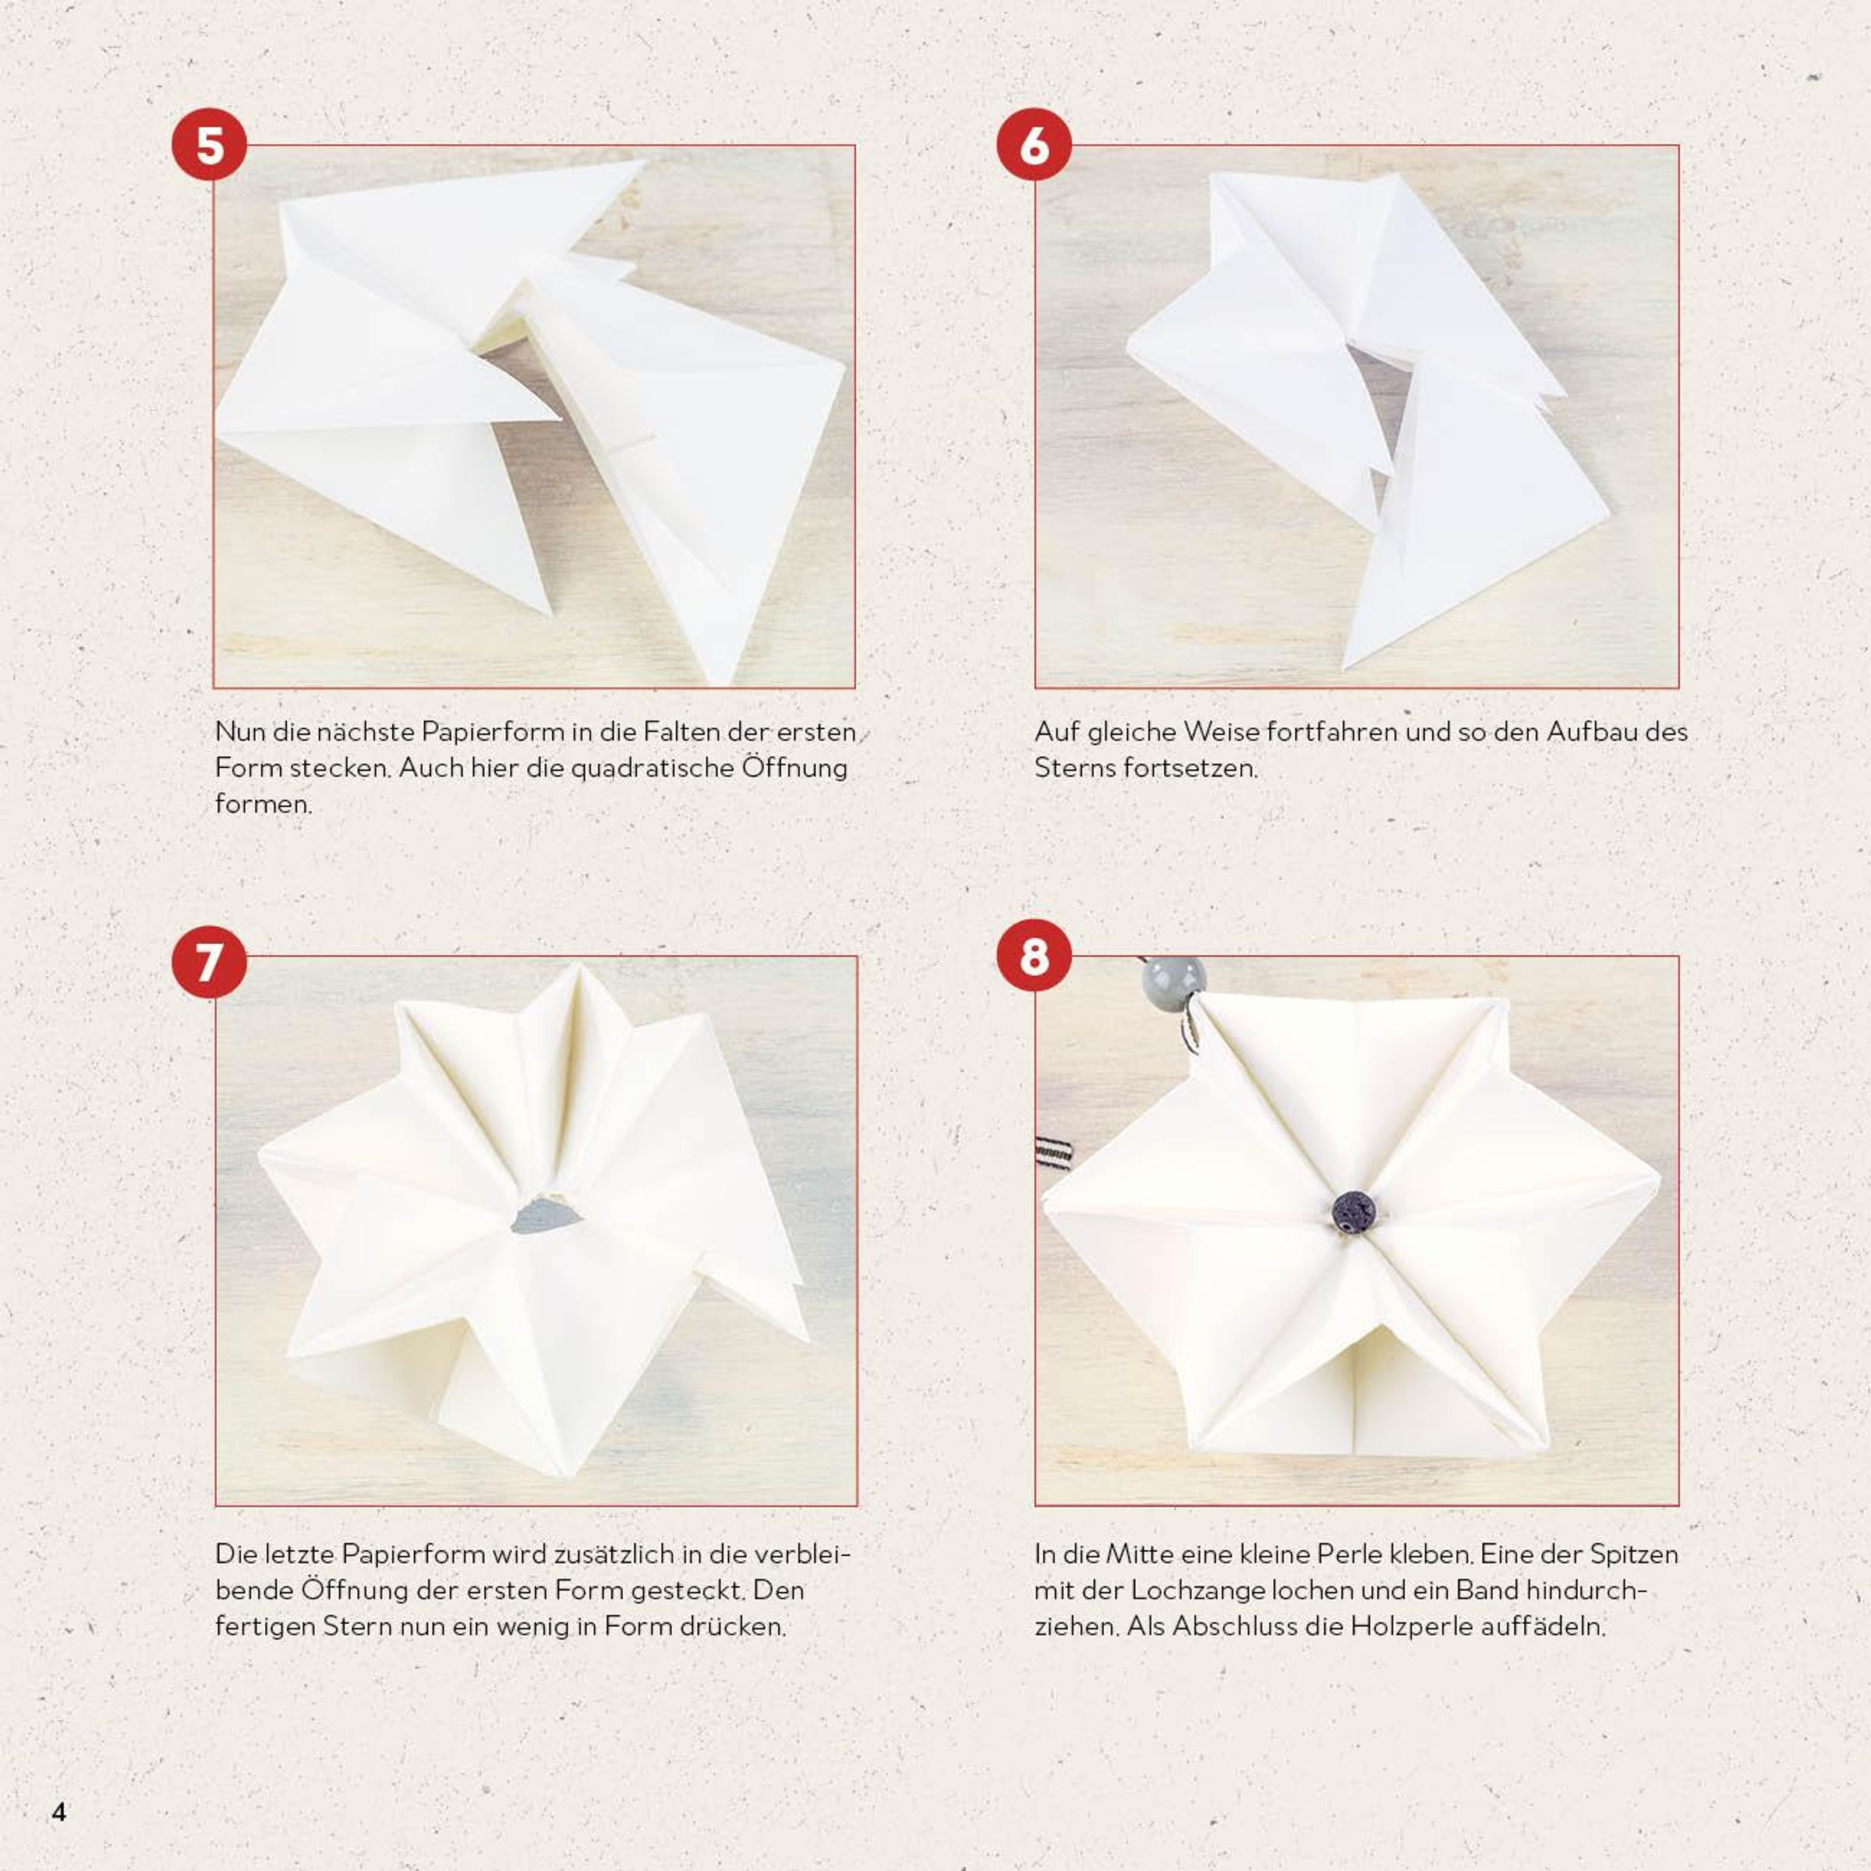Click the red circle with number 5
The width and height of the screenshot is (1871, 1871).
(x=209, y=144)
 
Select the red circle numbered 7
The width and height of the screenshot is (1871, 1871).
(x=209, y=962)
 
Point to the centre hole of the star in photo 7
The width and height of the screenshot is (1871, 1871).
(x=545, y=1215)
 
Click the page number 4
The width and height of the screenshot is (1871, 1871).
(x=59, y=1812)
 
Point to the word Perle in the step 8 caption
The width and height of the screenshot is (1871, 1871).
(x=1346, y=1554)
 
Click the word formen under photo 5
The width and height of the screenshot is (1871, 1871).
(x=263, y=804)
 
